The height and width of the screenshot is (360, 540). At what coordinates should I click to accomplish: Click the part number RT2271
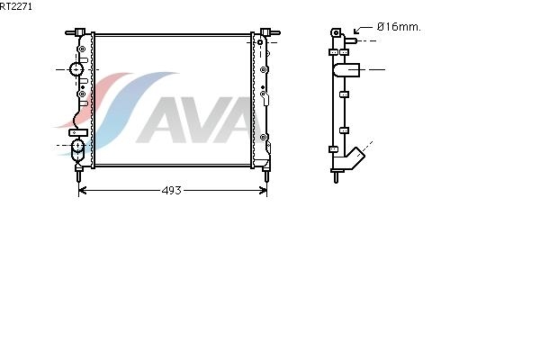coord(16,6)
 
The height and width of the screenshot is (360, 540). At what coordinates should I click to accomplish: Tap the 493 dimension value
coord(172,190)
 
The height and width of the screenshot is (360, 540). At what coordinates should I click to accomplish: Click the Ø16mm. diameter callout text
coord(399,27)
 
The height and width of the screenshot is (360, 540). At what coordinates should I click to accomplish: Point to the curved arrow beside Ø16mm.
coord(363,30)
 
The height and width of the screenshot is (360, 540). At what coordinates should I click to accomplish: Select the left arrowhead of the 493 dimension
coord(82,190)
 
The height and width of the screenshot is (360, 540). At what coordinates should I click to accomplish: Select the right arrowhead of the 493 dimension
coord(263,190)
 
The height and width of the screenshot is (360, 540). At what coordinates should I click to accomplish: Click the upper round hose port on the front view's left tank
coord(76,69)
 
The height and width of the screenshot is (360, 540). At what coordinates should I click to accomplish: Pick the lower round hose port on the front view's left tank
coord(77,146)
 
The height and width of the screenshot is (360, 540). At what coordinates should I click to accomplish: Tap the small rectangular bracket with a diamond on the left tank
coord(78,132)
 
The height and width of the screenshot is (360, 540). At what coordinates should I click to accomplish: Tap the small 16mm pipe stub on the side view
coord(351,40)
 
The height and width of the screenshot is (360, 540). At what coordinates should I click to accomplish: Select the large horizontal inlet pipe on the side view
coord(346,70)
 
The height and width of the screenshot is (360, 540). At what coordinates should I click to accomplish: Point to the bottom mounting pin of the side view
coord(336,176)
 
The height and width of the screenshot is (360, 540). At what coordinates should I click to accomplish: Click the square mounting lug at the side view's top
coord(336,33)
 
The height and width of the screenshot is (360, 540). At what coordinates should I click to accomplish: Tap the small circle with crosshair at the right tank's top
coord(260,42)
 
